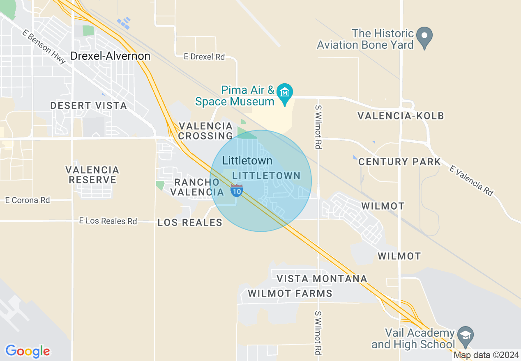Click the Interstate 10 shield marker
(x=236, y=191)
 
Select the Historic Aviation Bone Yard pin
(x=424, y=37)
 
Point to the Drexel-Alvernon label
(x=110, y=56)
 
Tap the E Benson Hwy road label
(x=44, y=48)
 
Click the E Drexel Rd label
(x=204, y=57)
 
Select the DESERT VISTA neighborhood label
(x=88, y=105)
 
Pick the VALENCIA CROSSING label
(x=205, y=130)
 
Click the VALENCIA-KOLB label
(x=401, y=116)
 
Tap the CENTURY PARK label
(x=399, y=161)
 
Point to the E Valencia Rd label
(x=471, y=180)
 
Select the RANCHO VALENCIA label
(x=197, y=187)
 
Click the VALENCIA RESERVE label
(x=92, y=175)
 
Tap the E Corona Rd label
(x=28, y=200)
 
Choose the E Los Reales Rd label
(x=108, y=221)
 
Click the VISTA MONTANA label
(x=322, y=279)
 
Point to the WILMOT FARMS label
(x=290, y=293)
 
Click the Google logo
(x=28, y=351)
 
